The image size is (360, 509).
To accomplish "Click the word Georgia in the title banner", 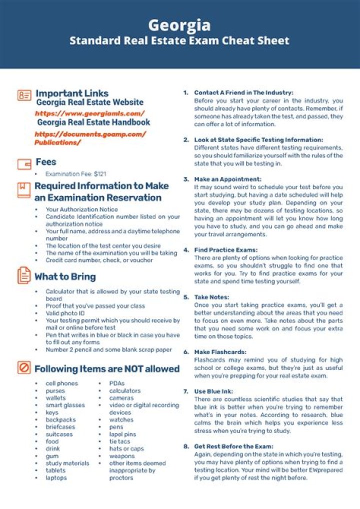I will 179,24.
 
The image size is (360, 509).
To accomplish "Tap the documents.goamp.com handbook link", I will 90,138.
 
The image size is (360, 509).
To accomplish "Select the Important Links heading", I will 72,93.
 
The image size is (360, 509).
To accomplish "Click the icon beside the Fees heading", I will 24,163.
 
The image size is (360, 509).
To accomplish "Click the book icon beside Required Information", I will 24,190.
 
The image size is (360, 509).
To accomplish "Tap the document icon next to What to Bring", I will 24,275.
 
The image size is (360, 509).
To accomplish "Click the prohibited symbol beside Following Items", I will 24,368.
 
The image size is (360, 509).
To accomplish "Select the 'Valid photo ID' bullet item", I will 65,313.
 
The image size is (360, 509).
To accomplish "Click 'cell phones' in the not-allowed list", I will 61,383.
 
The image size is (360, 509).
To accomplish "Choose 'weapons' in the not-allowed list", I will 122,456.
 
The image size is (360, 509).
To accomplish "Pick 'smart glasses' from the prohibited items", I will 65,405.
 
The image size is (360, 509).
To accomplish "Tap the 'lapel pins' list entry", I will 122,434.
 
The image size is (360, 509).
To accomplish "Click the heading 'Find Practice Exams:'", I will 226,249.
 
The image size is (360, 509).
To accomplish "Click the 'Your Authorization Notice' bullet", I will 82,209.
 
